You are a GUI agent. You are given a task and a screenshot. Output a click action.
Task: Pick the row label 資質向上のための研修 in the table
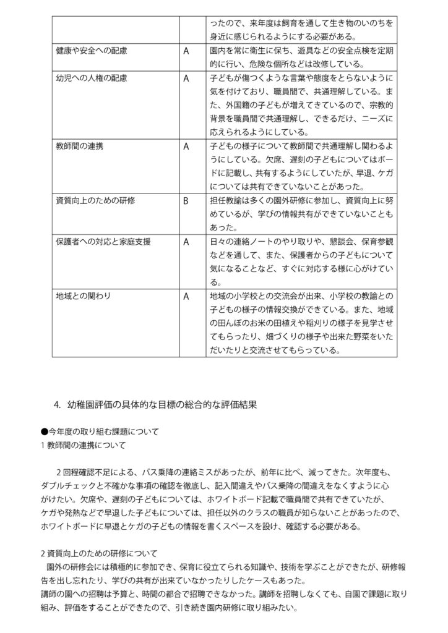tap(95, 202)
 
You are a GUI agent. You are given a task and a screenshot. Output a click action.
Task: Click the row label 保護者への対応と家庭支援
tap(103, 242)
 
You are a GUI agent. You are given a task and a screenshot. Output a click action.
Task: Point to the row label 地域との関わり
tap(84, 296)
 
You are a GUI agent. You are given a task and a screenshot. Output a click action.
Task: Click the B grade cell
tap(186, 202)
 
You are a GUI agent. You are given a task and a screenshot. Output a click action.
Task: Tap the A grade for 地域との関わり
tap(186, 296)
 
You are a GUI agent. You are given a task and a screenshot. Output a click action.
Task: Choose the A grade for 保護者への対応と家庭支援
tap(186, 242)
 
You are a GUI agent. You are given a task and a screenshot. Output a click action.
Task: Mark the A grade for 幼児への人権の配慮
tap(186, 79)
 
